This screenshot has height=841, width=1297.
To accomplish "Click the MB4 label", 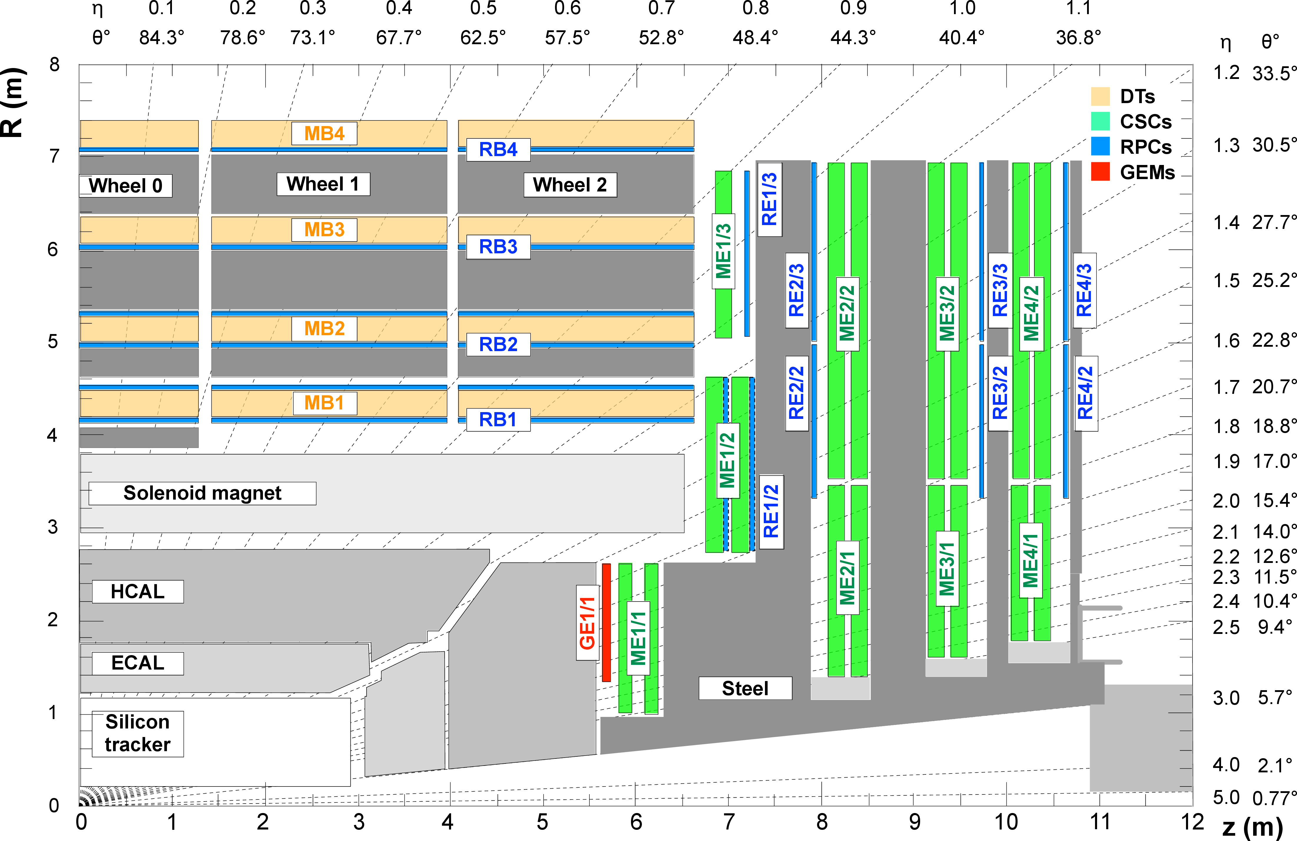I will (324, 133).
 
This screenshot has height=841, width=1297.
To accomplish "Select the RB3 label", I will (498, 247).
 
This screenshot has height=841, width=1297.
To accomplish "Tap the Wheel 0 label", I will (126, 186).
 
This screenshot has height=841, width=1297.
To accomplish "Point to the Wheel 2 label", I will (570, 185).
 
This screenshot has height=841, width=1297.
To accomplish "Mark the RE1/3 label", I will (769, 199).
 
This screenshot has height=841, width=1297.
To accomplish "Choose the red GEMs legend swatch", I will (1100, 172).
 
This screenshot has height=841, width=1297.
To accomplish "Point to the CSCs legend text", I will (1145, 122).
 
